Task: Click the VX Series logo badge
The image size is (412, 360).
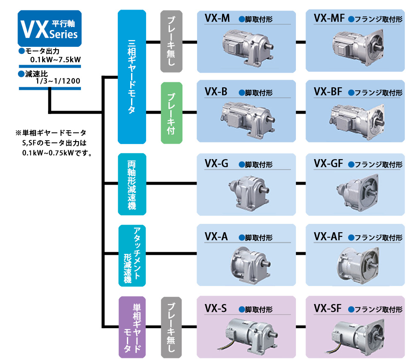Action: point(50,28)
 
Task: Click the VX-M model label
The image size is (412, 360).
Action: point(217,18)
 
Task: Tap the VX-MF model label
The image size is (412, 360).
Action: point(329,18)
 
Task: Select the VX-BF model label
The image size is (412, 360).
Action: point(328,91)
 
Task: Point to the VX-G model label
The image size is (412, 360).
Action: point(216,164)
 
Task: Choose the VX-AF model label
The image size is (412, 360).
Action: point(328,237)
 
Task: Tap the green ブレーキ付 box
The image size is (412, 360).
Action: point(171,113)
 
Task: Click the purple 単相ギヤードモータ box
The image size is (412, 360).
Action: point(132,327)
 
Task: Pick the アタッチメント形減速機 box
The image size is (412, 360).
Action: point(132,256)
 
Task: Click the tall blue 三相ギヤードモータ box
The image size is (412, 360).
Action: point(132,76)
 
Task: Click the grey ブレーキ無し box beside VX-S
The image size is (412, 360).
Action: point(171,327)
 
